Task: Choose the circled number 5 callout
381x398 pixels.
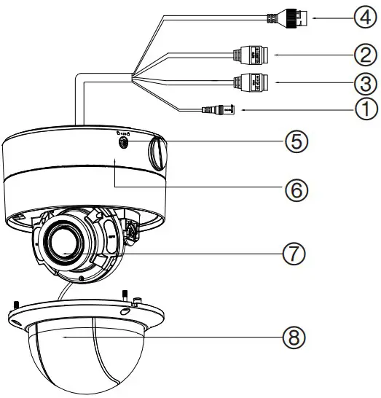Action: [294, 141]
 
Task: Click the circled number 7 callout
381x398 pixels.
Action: [294, 253]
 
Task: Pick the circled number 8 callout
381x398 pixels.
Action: [294, 337]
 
